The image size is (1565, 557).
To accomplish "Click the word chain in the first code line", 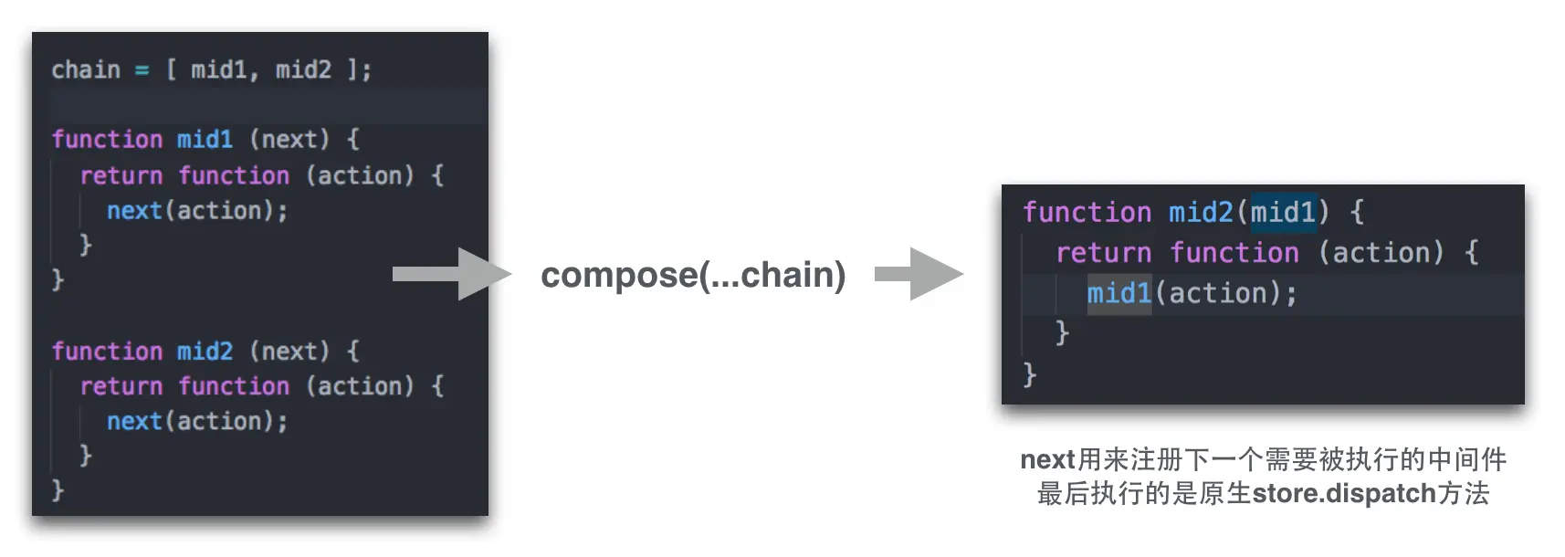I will (x=86, y=69).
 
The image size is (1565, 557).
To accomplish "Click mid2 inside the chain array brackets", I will (x=303, y=69).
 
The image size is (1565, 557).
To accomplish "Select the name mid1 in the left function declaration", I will (x=205, y=139).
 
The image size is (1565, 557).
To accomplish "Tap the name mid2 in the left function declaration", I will (x=205, y=351).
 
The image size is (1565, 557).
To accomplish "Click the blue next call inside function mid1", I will (x=134, y=211).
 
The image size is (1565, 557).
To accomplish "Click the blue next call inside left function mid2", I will (x=134, y=421).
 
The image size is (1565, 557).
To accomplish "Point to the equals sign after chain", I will (x=142, y=70).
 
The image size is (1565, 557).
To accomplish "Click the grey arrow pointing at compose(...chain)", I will (x=451, y=274).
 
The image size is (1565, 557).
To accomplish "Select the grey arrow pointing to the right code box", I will (x=919, y=274).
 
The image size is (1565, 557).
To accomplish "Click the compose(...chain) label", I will (x=693, y=275).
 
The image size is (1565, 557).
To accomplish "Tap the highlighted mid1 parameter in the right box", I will (x=1283, y=213).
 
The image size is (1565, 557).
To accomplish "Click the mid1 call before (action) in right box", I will (x=1119, y=293).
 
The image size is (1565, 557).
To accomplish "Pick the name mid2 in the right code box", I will (x=1201, y=213).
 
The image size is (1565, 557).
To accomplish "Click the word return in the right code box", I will (x=1103, y=253).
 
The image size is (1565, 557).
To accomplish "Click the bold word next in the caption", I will (x=1047, y=459).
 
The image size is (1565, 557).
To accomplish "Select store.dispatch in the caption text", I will (x=1344, y=494).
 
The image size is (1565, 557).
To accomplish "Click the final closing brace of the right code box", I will (x=1030, y=374).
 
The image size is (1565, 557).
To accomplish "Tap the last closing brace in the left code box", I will (x=58, y=490).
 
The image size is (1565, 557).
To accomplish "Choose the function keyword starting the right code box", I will (x=1087, y=213).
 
